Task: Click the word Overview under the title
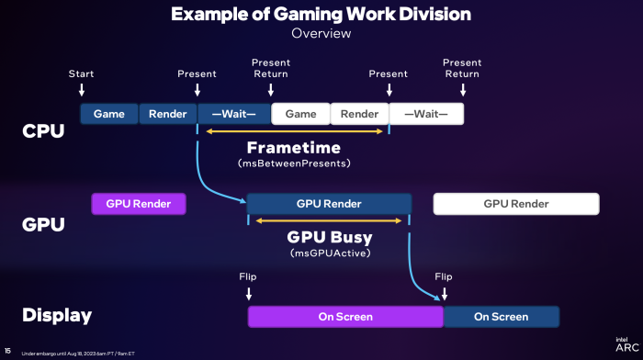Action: pyautogui.click(x=321, y=33)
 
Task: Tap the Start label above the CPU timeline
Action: pyautogui.click(x=81, y=73)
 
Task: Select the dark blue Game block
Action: pyautogui.click(x=109, y=114)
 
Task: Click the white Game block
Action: pyautogui.click(x=300, y=114)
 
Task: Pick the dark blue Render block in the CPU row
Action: pyautogui.click(x=168, y=114)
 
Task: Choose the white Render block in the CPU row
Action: pyautogui.click(x=359, y=114)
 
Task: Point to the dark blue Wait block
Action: pyautogui.click(x=234, y=114)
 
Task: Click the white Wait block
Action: pyautogui.click(x=426, y=114)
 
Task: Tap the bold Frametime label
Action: pyautogui.click(x=295, y=147)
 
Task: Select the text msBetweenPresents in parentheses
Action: pyautogui.click(x=295, y=163)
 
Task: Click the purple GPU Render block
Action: pyautogui.click(x=138, y=203)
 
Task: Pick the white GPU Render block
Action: pyautogui.click(x=516, y=203)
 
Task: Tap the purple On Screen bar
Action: pyautogui.click(x=345, y=317)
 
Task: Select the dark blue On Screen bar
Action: pyautogui.click(x=502, y=317)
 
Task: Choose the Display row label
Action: pyautogui.click(x=57, y=316)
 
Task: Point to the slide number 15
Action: pyautogui.click(x=7, y=351)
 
